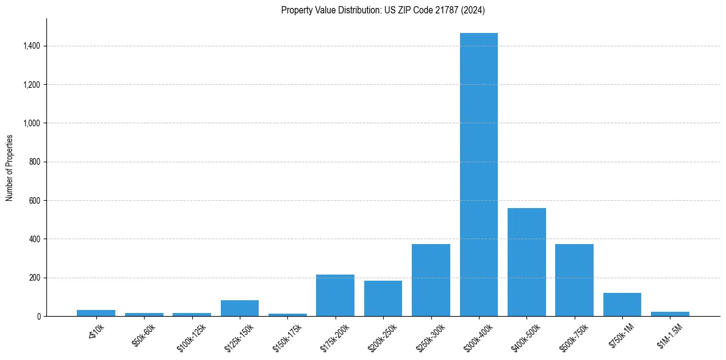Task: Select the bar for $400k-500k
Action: point(527,262)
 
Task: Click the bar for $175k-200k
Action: point(335,295)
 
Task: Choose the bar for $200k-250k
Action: point(383,298)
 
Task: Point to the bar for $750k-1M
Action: point(622,304)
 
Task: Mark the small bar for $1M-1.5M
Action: point(670,314)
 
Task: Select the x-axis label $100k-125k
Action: point(192,336)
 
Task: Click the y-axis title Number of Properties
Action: point(10,168)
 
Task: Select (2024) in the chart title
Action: point(472,10)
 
